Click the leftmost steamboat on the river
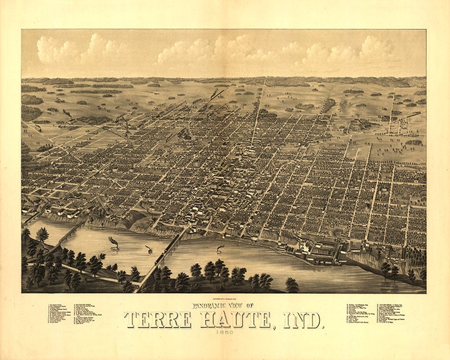[114, 246]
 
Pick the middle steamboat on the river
[150, 249]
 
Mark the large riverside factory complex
[319, 251]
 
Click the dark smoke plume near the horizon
[217, 93]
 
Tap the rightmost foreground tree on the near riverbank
[292, 284]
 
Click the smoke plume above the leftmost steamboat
[112, 239]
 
